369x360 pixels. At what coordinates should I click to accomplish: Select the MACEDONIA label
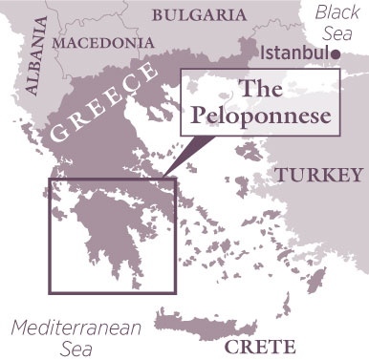[x=104, y=43]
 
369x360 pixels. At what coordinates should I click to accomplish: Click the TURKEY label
[x=319, y=175]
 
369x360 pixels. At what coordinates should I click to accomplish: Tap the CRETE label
[x=269, y=346]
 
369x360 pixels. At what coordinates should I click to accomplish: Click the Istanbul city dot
[x=341, y=54]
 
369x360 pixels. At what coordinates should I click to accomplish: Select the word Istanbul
[x=297, y=53]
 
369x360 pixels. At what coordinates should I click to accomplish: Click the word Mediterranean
[x=77, y=328]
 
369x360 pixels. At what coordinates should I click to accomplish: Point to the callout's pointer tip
[x=163, y=177]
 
